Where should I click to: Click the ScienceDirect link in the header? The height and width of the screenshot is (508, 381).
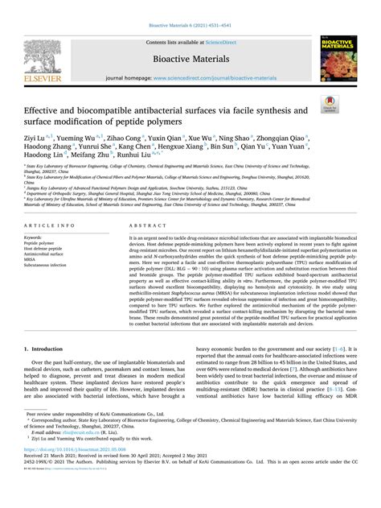coord(219,41)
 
